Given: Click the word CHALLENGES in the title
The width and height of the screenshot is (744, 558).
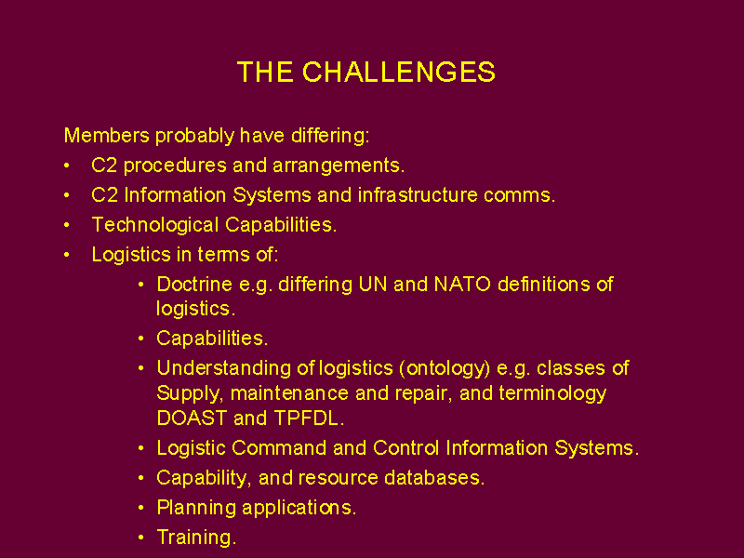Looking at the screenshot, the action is click(x=399, y=73).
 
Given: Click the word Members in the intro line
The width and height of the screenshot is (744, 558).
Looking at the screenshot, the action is click(x=107, y=135).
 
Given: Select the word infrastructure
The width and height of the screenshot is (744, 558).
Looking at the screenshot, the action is click(x=418, y=195).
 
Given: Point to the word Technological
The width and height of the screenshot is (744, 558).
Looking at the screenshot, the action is click(x=155, y=225).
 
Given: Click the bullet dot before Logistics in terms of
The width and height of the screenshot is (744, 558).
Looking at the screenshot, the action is click(x=67, y=255).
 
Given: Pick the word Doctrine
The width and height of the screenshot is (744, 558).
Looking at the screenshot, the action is click(x=194, y=285).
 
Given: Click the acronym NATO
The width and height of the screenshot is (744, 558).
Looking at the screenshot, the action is click(x=462, y=285).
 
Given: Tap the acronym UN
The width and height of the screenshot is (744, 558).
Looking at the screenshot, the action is click(x=373, y=285).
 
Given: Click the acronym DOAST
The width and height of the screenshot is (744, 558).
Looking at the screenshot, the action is click(x=193, y=418).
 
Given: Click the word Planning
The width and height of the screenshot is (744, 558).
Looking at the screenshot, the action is click(x=196, y=508).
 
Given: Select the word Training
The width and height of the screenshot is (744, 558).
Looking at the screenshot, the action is click(x=194, y=538).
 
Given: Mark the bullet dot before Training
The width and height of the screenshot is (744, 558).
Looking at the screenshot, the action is click(x=141, y=538).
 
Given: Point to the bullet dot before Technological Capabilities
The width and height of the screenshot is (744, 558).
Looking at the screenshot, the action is click(x=67, y=225).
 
